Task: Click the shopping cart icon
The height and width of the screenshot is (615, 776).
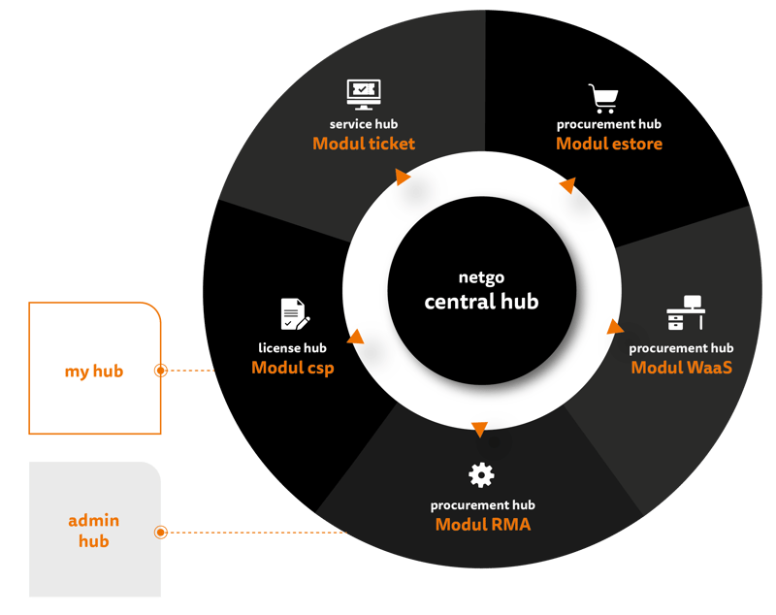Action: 603,99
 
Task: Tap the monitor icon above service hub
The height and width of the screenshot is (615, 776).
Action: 363,95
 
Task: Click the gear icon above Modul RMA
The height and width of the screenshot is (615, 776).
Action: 481,475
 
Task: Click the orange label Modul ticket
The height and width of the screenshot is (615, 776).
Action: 364,144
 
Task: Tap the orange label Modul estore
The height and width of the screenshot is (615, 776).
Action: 609,144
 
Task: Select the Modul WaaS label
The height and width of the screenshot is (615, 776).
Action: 681,368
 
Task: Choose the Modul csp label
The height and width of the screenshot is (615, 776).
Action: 292,368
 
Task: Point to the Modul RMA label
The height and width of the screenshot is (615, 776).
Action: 483,525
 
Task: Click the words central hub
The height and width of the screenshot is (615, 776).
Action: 481,302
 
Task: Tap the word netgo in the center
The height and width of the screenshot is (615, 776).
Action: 481,275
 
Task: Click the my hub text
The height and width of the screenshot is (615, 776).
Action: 94,372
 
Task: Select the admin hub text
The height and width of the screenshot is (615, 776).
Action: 94,532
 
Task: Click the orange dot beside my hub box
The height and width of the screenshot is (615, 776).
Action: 161,371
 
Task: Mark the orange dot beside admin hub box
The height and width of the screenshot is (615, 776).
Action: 161,532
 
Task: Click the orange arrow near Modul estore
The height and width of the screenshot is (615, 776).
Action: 568,184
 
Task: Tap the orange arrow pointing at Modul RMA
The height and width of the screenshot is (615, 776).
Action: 478,429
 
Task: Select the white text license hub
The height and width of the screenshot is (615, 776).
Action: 292,348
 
